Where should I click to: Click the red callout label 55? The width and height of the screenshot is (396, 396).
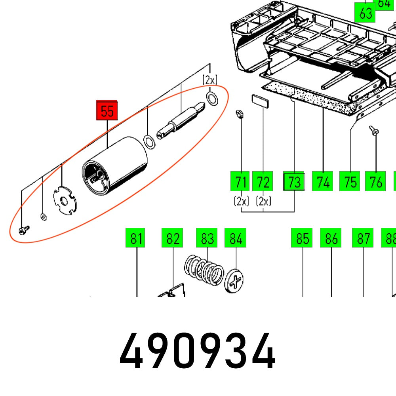pyautogui.click(x=107, y=110)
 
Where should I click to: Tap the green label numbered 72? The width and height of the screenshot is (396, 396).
pyautogui.click(x=263, y=182)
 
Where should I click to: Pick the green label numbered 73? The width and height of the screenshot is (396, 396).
pyautogui.click(x=294, y=182)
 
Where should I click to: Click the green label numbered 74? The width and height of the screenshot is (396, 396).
pyautogui.click(x=323, y=182)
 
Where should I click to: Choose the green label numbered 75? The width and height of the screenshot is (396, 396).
pyautogui.click(x=350, y=182)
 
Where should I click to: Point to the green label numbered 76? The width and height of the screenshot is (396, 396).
pyautogui.click(x=375, y=182)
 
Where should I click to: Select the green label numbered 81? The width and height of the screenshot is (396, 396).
pyautogui.click(x=136, y=238)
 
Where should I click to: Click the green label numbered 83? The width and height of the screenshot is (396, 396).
pyautogui.click(x=207, y=238)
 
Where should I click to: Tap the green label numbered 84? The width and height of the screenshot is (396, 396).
pyautogui.click(x=235, y=238)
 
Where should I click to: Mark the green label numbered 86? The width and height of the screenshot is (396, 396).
pyautogui.click(x=331, y=238)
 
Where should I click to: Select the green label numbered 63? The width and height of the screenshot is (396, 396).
pyautogui.click(x=365, y=13)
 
